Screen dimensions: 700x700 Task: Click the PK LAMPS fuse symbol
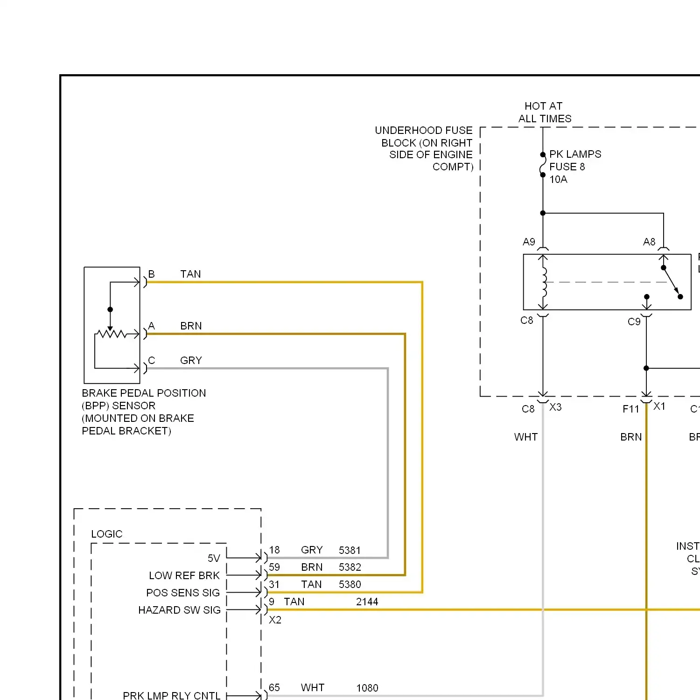(543, 165)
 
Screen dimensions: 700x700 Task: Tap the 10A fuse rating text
(558, 180)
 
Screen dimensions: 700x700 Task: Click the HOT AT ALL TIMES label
(544, 112)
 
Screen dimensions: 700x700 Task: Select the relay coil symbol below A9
(544, 282)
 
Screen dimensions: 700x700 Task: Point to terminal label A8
(649, 242)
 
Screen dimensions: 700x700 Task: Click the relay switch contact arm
(671, 282)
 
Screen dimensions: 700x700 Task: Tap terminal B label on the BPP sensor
(151, 274)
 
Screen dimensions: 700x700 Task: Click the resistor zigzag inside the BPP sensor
(111, 334)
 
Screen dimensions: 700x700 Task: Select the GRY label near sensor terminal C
(191, 360)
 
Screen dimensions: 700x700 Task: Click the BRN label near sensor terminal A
(191, 326)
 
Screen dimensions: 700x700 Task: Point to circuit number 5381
(350, 550)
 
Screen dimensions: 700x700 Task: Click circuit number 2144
(367, 602)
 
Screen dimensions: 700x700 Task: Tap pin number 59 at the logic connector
(274, 567)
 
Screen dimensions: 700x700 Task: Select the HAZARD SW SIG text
(179, 610)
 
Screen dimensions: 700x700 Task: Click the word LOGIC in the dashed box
(106, 534)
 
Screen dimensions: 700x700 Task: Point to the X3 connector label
(555, 407)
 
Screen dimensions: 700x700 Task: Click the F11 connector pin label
(630, 409)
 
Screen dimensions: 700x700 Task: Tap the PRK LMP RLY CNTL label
(171, 695)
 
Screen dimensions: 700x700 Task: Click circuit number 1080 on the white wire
(367, 688)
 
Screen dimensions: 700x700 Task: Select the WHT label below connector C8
(525, 437)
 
